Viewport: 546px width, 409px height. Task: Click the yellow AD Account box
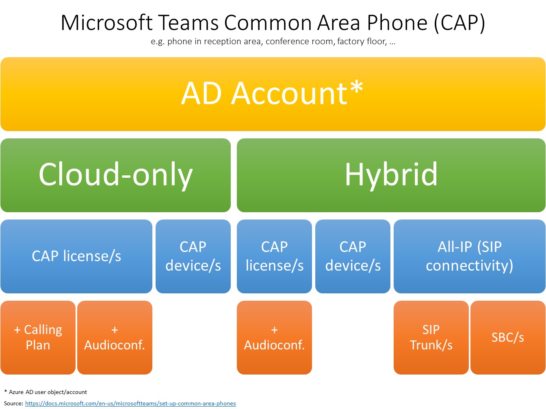[x=273, y=94]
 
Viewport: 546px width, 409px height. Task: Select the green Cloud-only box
[x=115, y=175]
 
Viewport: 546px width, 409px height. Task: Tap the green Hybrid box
[x=391, y=175]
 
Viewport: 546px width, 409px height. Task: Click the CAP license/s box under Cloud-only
[x=76, y=256]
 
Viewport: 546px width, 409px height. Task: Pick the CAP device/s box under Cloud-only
[x=193, y=256]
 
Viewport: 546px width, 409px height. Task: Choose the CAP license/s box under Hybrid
[x=274, y=256]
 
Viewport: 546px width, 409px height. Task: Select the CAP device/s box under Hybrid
[x=353, y=256]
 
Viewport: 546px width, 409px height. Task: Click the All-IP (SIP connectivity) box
[x=469, y=256]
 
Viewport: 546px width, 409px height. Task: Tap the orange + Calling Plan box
[x=38, y=338]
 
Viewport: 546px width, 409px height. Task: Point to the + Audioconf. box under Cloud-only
[x=115, y=338]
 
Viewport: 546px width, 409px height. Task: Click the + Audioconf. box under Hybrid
[x=274, y=338]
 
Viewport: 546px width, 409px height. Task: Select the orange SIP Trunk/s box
[x=431, y=338]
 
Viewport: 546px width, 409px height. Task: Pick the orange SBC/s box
[x=508, y=338]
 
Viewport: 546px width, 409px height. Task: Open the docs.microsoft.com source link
[x=130, y=403]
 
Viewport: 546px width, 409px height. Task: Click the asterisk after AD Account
[x=356, y=87]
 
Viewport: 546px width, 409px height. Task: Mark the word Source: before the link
[x=13, y=403]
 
